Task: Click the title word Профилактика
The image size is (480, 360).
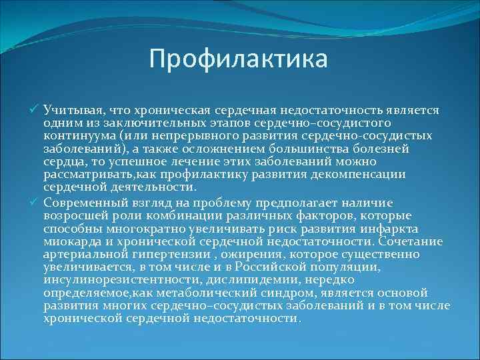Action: pos(239,59)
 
